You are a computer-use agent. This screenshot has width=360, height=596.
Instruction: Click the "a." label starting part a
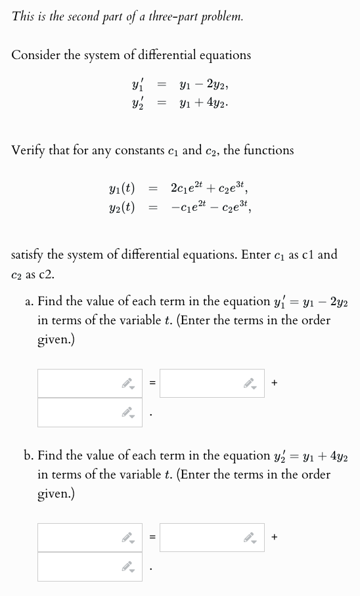click(x=29, y=302)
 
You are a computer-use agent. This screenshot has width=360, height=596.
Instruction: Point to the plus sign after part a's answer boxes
click(x=274, y=383)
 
